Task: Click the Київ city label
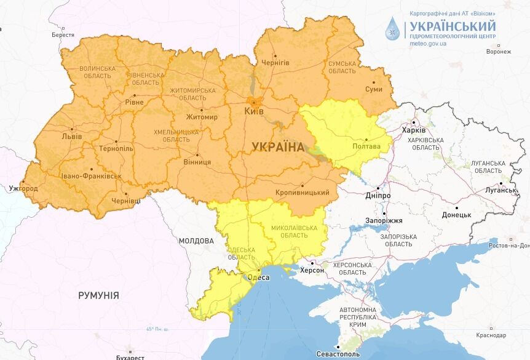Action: click(254, 111)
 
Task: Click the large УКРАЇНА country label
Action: click(278, 146)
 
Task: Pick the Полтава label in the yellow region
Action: click(366, 146)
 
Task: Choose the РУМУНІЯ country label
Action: click(98, 295)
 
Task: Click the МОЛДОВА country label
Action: click(196, 241)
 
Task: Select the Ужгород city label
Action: click(23, 188)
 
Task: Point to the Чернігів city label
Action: click(275, 63)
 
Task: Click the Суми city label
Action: click(373, 89)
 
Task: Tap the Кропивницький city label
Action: click(302, 193)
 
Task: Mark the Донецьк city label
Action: click(456, 215)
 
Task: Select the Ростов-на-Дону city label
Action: click(508, 246)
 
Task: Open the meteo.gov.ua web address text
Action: click(428, 45)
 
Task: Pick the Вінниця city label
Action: click(197, 162)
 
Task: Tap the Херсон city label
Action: click(311, 270)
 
